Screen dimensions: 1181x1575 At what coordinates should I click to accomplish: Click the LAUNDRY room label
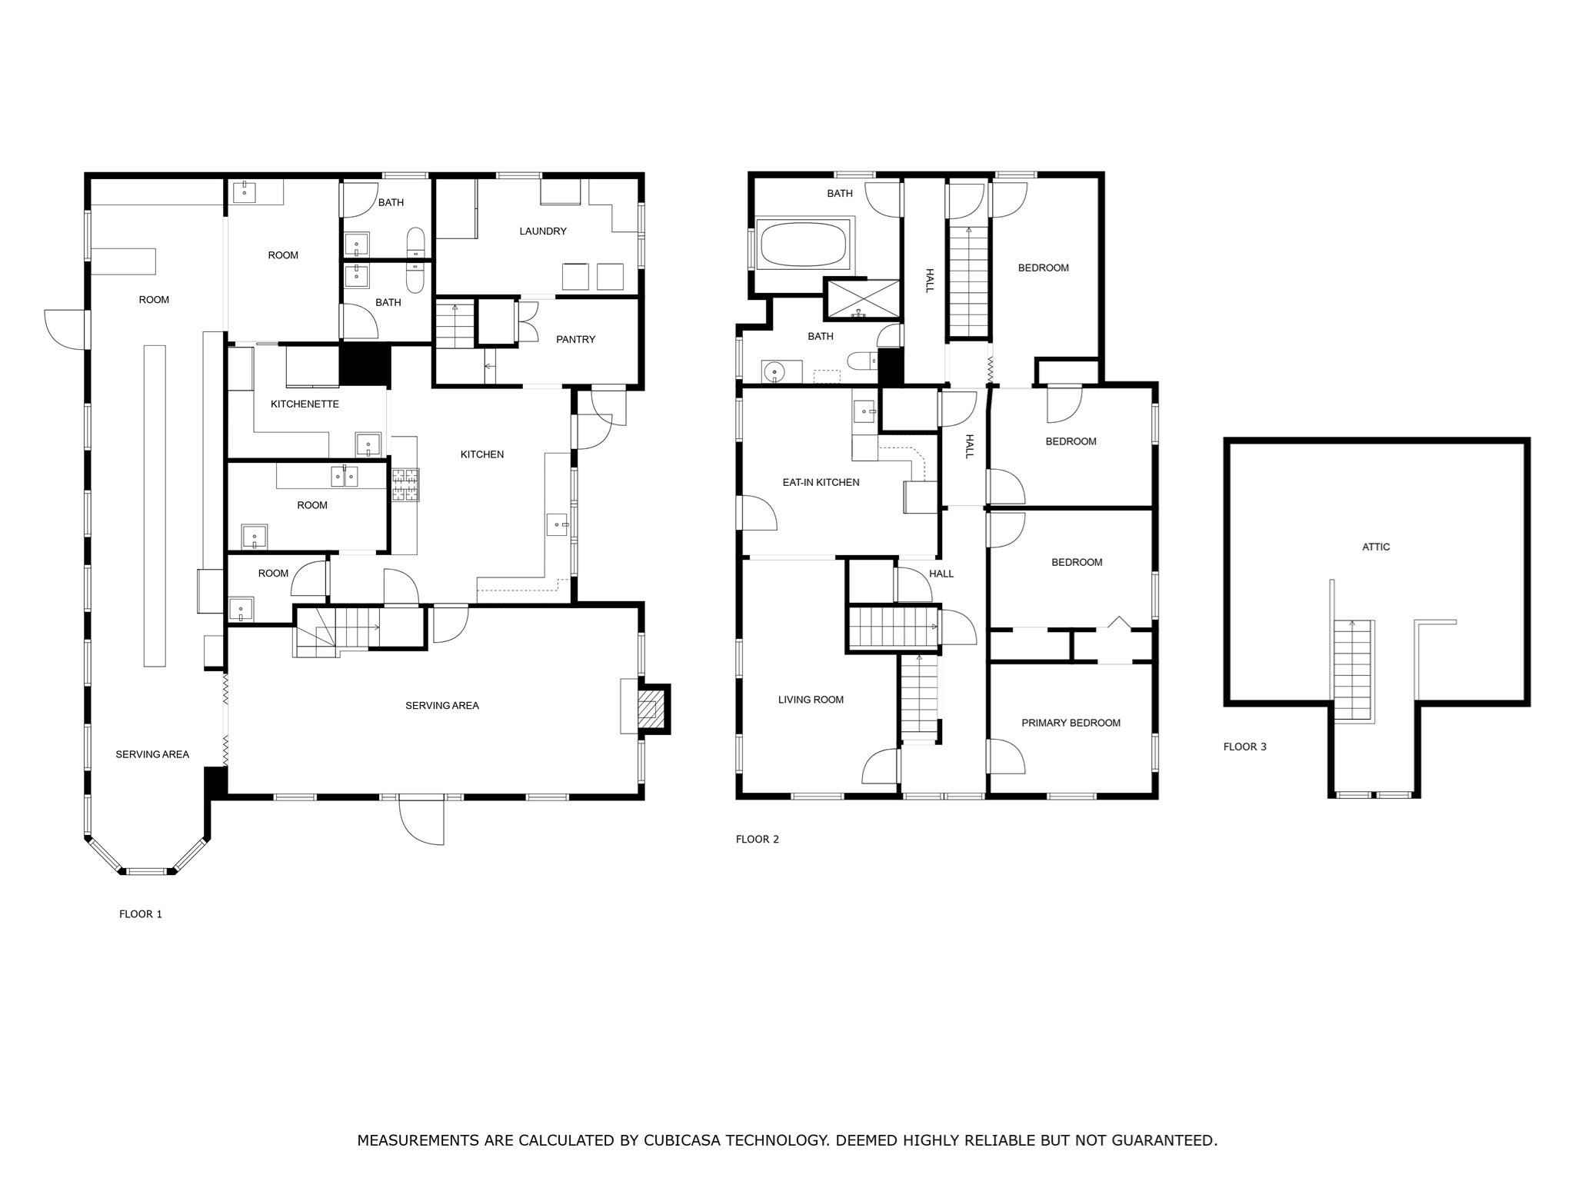[x=542, y=231]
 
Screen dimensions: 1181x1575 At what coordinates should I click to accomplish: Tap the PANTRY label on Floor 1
[x=575, y=339]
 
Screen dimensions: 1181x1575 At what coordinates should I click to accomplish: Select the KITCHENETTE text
[x=305, y=404]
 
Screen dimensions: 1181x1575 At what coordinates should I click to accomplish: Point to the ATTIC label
[x=1375, y=547]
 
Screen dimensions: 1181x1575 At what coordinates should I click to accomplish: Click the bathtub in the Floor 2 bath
[x=803, y=244]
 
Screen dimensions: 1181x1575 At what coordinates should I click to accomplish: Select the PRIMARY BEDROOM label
[x=1071, y=723]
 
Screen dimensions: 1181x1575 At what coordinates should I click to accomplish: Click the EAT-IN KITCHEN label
[x=821, y=482]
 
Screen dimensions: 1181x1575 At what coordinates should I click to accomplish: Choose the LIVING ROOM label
[x=811, y=700]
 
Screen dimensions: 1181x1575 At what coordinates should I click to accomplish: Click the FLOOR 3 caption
[x=1244, y=747]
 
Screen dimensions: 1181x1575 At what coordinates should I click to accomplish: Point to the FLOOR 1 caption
[x=140, y=914]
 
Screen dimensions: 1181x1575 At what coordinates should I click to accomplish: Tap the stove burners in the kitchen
[x=405, y=485]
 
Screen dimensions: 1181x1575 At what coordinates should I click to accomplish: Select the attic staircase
[x=1352, y=669]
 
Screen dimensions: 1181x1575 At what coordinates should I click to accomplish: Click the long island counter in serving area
[x=154, y=505]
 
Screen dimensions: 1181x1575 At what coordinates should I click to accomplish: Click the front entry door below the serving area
[x=421, y=821]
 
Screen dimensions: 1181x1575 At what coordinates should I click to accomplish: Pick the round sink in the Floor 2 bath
[x=774, y=373]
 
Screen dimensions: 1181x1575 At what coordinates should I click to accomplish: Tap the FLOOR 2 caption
[x=757, y=839]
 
